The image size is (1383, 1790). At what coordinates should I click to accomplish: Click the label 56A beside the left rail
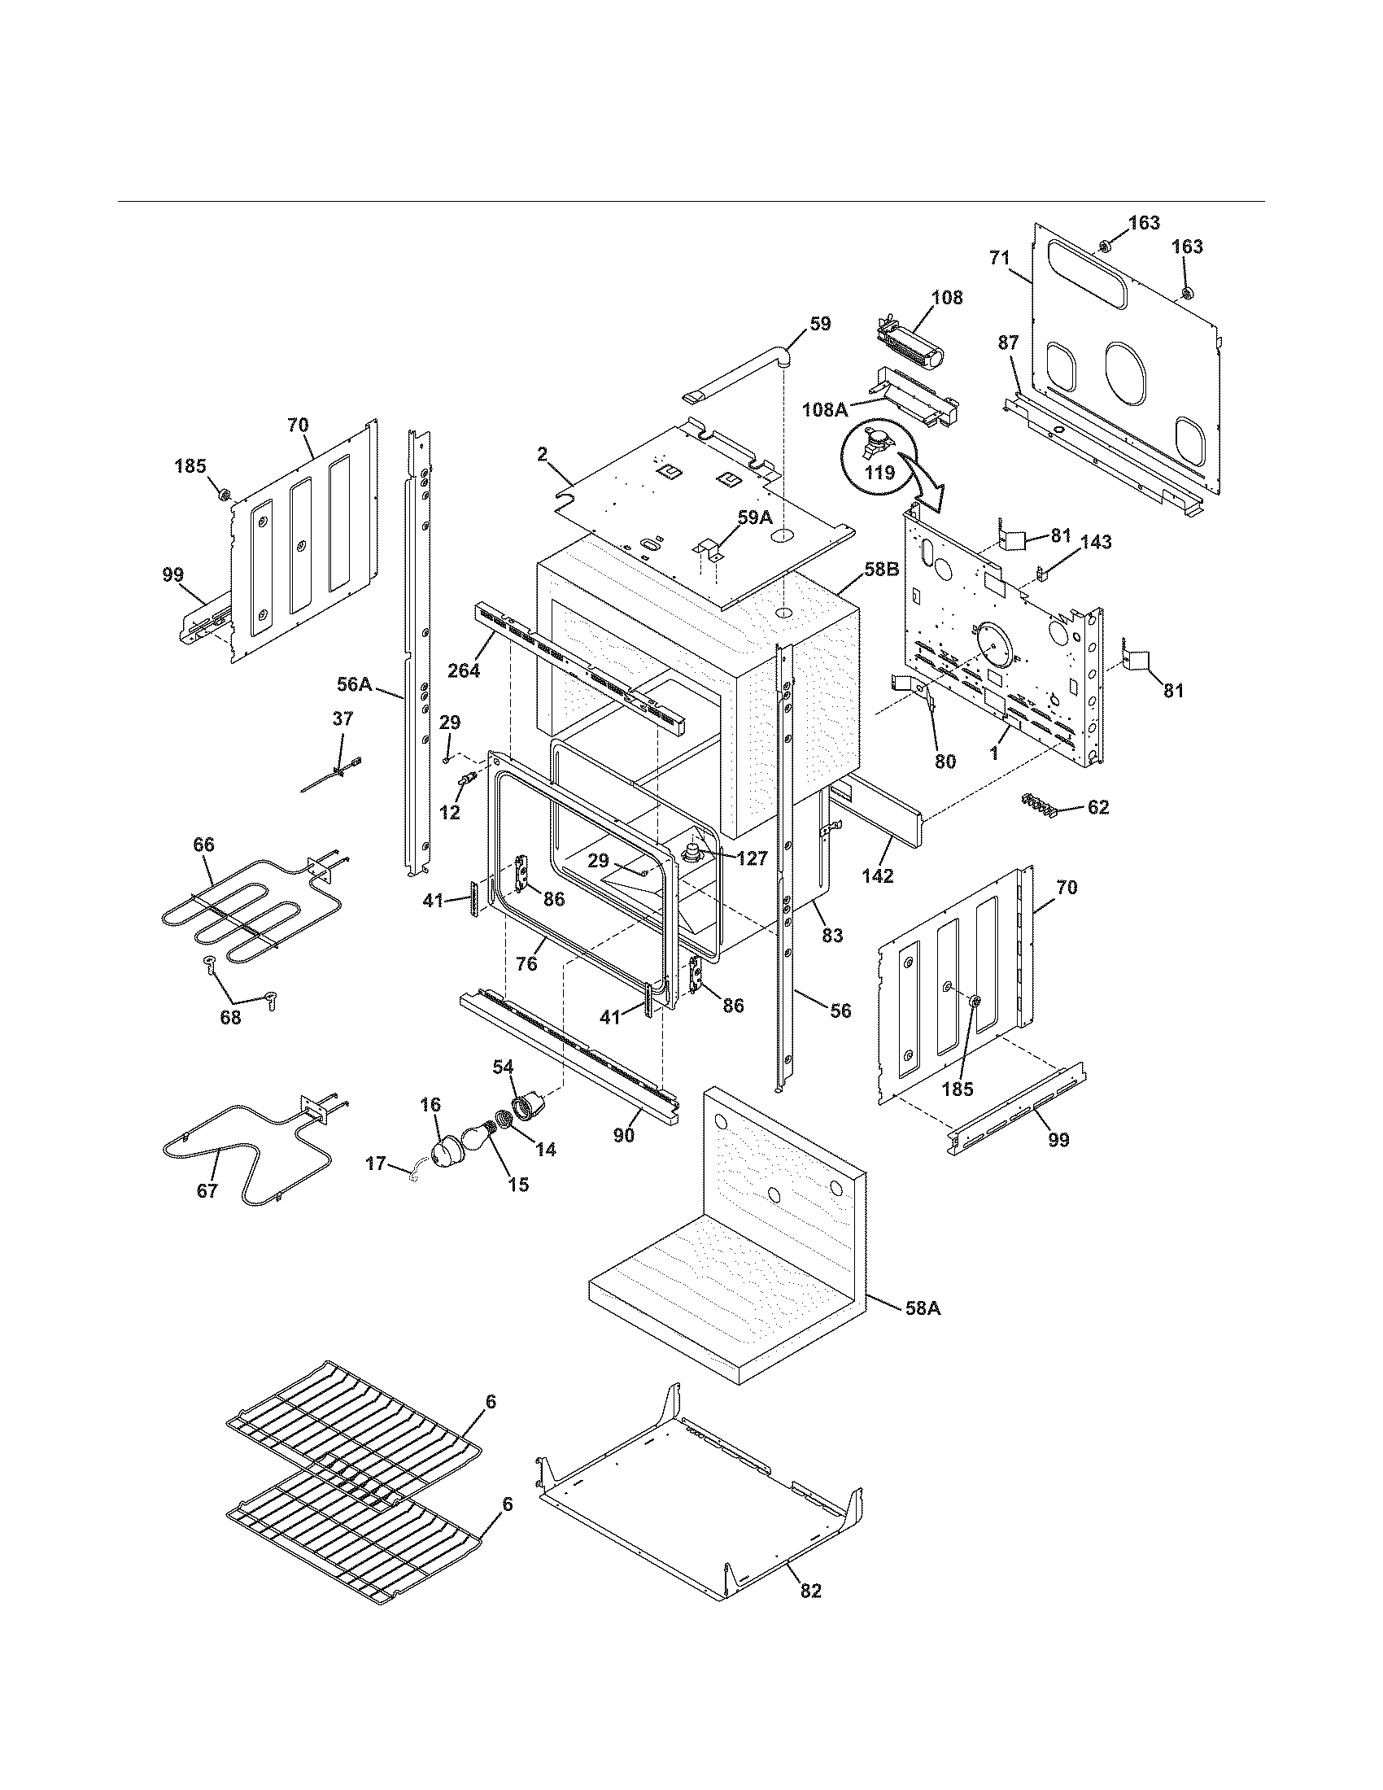coord(354,683)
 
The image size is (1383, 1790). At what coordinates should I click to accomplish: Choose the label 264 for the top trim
coord(464,669)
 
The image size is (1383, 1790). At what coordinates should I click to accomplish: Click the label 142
coord(878,875)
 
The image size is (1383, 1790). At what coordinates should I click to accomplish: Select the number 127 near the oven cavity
coord(752,858)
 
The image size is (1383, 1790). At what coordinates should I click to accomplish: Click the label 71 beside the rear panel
coord(999,257)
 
